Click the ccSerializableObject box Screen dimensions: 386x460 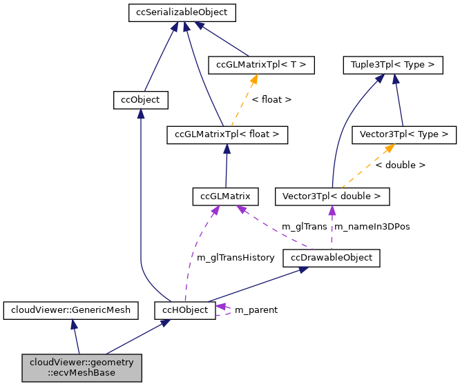click(x=182, y=12)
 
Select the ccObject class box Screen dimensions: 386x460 click(x=140, y=100)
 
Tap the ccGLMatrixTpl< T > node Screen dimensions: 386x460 click(x=261, y=65)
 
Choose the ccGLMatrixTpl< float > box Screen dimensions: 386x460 click(x=227, y=134)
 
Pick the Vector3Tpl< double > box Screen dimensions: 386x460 click(x=332, y=196)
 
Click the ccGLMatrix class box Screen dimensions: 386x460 click(x=225, y=196)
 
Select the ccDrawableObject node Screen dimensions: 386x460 click(x=332, y=258)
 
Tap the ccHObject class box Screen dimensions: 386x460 click(x=184, y=309)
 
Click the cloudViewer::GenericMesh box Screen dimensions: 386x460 click(x=71, y=309)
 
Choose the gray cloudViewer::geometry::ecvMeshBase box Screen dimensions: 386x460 click(x=82, y=367)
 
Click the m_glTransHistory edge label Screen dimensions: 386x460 click(x=236, y=258)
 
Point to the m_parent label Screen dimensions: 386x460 click(x=256, y=310)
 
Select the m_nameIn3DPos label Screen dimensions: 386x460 click(x=372, y=227)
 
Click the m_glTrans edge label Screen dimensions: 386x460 click(x=305, y=227)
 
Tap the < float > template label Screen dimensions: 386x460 click(x=271, y=100)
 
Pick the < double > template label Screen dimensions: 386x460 click(x=401, y=165)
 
